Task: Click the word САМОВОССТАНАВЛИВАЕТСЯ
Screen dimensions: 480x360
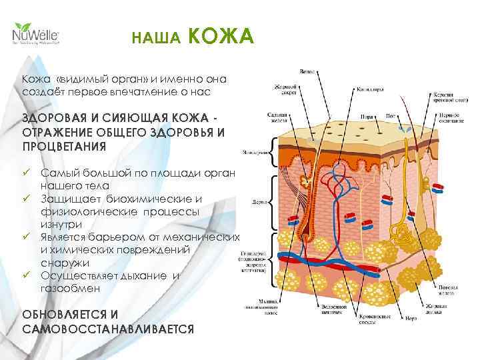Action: (x=107, y=329)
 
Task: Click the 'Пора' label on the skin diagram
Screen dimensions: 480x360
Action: (x=367, y=116)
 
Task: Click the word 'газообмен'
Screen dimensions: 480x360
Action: (x=70, y=289)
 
